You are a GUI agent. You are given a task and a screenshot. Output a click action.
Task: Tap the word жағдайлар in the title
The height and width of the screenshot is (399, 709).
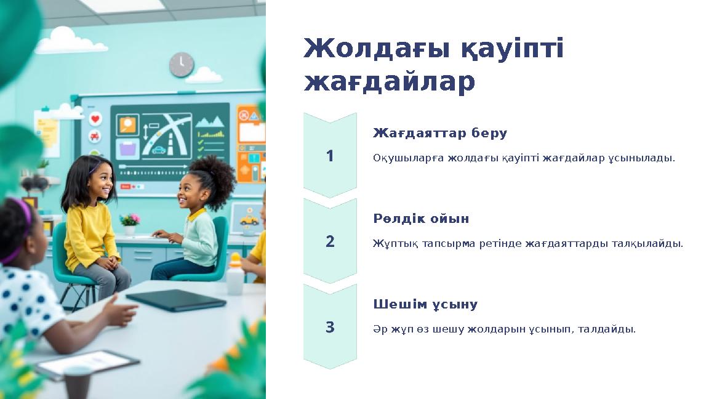389,82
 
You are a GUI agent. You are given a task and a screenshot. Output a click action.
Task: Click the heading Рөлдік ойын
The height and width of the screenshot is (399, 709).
421,219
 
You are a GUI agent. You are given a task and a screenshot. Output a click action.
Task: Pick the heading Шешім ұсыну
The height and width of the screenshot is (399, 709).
425,304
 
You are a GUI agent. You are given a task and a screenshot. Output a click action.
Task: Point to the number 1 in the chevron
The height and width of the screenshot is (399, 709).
330,156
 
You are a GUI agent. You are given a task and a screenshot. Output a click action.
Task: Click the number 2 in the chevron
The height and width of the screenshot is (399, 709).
330,241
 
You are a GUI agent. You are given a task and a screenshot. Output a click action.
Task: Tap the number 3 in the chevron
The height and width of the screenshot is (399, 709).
330,327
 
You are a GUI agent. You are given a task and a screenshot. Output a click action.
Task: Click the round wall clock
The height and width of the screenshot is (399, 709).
181,65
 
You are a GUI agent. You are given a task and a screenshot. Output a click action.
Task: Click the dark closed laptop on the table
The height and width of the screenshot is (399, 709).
175,300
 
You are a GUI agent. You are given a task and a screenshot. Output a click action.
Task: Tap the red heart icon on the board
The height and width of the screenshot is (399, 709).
95,119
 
